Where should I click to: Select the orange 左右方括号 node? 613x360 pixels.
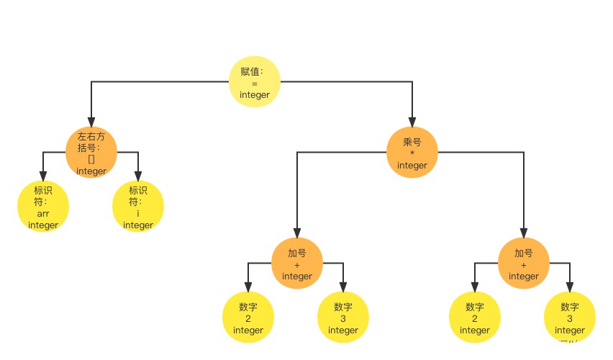click(x=91, y=153)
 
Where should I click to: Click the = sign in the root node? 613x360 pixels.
click(x=255, y=84)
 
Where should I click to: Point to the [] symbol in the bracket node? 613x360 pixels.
click(x=91, y=159)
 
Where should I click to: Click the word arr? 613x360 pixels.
click(x=43, y=214)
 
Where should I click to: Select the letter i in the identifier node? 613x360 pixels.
click(x=138, y=214)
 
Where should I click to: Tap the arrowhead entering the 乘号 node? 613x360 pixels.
click(x=412, y=122)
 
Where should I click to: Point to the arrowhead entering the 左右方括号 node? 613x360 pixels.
click(x=91, y=122)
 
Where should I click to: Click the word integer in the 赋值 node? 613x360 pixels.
click(x=255, y=95)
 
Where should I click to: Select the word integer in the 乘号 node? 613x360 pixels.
click(x=412, y=165)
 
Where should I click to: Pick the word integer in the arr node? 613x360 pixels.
click(x=43, y=225)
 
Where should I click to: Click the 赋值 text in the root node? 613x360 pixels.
click(x=252, y=72)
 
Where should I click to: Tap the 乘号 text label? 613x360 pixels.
click(x=412, y=142)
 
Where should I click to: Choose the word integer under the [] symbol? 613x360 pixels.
click(x=91, y=171)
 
